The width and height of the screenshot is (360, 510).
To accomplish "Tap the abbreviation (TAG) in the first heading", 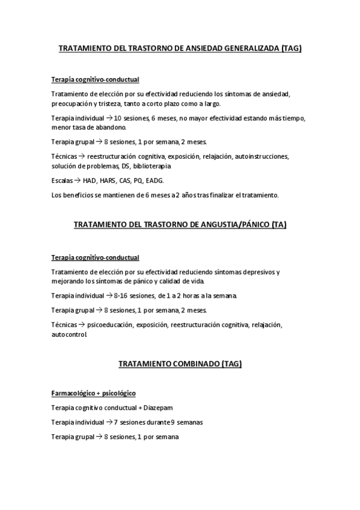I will click(x=291, y=49).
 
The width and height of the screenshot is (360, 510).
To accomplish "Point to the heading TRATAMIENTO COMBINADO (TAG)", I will click(x=180, y=363).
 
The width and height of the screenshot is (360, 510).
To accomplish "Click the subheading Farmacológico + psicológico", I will click(x=94, y=393).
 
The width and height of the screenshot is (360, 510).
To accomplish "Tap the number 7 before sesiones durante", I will click(x=115, y=422).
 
